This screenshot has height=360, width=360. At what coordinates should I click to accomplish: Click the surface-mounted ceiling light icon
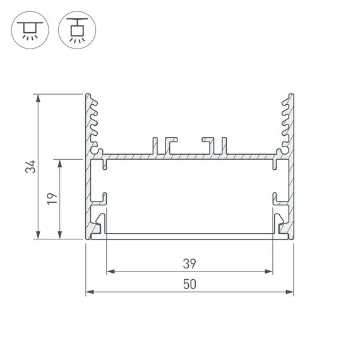point(28,30)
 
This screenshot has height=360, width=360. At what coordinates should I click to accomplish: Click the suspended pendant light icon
point(75,30)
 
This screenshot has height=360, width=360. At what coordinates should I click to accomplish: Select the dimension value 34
point(28,167)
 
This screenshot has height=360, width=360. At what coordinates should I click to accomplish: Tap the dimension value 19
point(52,199)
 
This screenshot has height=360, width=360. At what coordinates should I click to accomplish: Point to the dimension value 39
point(189,263)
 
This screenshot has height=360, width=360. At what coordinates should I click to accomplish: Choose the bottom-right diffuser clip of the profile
point(281,224)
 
